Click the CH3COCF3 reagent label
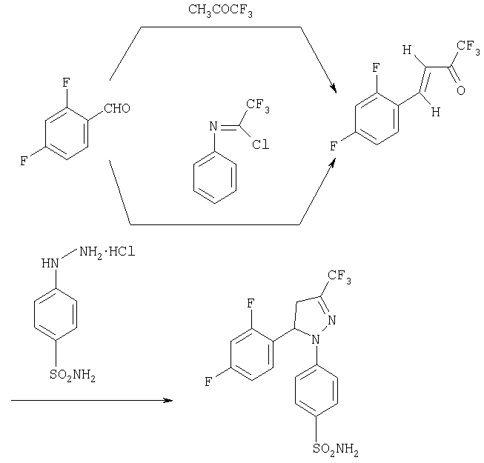(x=220, y=10)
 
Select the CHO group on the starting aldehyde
(x=117, y=108)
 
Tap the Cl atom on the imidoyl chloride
(x=260, y=144)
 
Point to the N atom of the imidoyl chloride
(x=213, y=126)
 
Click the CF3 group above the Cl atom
(x=258, y=105)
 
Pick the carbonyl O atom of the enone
(x=460, y=90)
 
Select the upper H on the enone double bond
(x=407, y=50)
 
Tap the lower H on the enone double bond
(x=436, y=112)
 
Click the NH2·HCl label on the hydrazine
(x=107, y=253)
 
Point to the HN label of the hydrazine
(x=50, y=264)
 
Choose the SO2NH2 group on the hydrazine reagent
(x=73, y=376)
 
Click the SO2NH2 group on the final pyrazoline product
(x=336, y=449)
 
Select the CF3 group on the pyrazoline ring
(x=339, y=276)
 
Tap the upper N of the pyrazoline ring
(x=332, y=320)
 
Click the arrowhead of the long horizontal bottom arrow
(x=168, y=400)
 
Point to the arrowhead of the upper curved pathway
(x=334, y=89)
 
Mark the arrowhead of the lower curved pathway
(x=333, y=163)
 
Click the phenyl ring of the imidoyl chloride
(x=215, y=178)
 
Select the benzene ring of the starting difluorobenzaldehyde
(x=67, y=133)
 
